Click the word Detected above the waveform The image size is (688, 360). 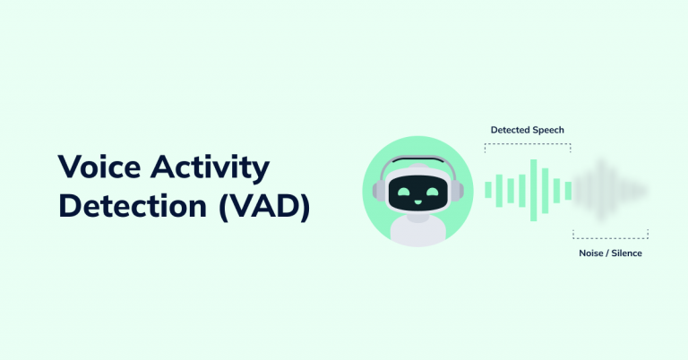pyautogui.click(x=511, y=130)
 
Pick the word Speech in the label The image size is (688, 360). pyautogui.click(x=548, y=130)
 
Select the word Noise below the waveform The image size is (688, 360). pyautogui.click(x=592, y=253)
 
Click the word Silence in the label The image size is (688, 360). pyautogui.click(x=627, y=253)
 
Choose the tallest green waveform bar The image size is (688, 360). pyautogui.click(x=533, y=189)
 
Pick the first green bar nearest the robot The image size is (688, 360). pyautogui.click(x=488, y=189)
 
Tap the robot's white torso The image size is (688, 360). pyautogui.click(x=419, y=231)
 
